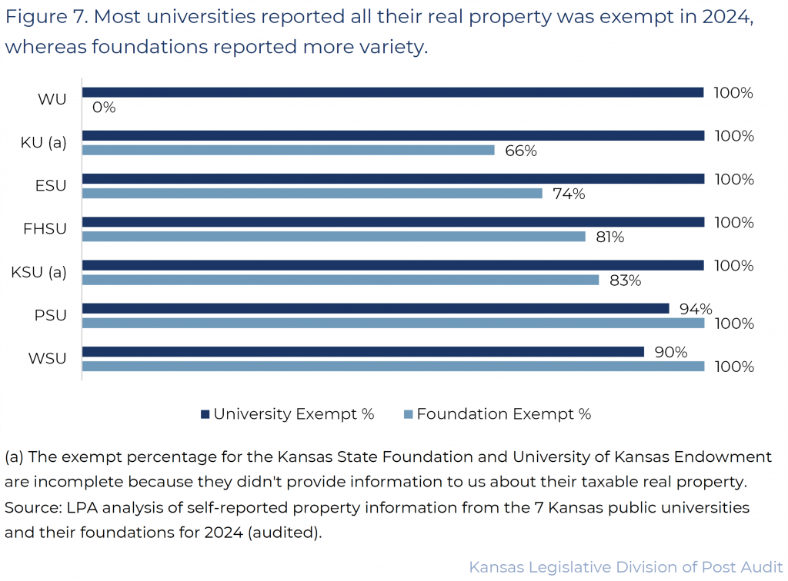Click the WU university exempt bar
pyautogui.click(x=392, y=92)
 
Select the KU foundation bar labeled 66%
pyautogui.click(x=288, y=151)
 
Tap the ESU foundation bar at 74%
pyautogui.click(x=312, y=194)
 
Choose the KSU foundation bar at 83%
pyautogui.click(x=340, y=280)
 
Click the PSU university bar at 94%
pyautogui.click(x=376, y=308)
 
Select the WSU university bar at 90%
pyautogui.click(x=362, y=351)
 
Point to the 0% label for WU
pyautogui.click(x=103, y=108)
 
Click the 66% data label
pyautogui.click(x=520, y=151)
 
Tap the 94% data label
pyautogui.click(x=696, y=309)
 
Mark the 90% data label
pyautogui.click(x=670, y=352)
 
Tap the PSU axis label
pyautogui.click(x=52, y=316)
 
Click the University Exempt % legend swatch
pyautogui.click(x=205, y=414)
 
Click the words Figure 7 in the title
pyautogui.click(x=38, y=18)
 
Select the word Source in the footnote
pyautogui.click(x=28, y=509)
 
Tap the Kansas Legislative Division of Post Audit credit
pyautogui.click(x=626, y=568)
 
